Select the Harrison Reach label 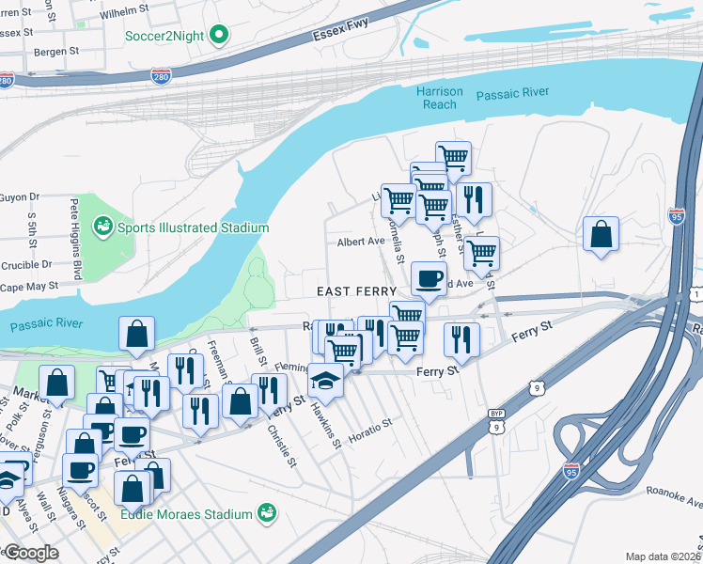(x=440, y=98)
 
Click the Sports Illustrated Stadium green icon (x=102, y=227)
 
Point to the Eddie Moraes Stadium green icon (x=268, y=513)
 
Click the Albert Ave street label (x=362, y=242)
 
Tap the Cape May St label (x=29, y=287)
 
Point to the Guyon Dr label (x=21, y=196)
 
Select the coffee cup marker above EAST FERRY (x=430, y=279)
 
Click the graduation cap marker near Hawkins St (x=325, y=380)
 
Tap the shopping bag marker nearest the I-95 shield (x=601, y=234)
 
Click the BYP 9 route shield (x=496, y=420)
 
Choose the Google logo (x=30, y=553)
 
